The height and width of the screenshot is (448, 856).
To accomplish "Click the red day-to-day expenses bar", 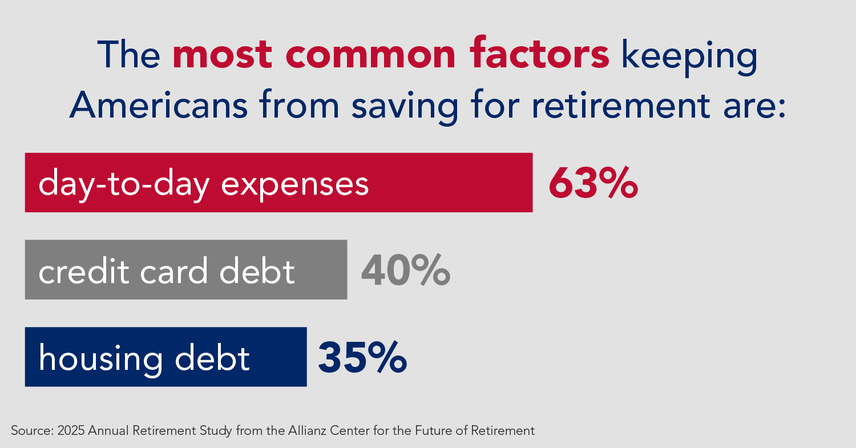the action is click(x=278, y=182).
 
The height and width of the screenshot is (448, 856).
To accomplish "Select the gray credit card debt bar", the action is click(x=186, y=269).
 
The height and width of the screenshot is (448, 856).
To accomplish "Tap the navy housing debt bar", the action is click(x=166, y=357).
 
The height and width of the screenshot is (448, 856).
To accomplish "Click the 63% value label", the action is click(x=593, y=183).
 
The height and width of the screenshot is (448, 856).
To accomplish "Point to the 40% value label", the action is click(x=405, y=271).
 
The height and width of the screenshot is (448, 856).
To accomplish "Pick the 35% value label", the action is click(x=362, y=357).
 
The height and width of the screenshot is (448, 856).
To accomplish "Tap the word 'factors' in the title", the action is click(x=540, y=53).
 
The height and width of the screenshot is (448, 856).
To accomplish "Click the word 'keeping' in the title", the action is click(x=689, y=56).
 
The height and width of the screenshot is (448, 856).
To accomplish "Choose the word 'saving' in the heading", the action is click(x=405, y=107).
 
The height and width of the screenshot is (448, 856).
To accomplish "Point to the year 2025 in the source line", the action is click(x=71, y=431).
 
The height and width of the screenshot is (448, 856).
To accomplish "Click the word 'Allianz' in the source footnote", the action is click(x=307, y=430).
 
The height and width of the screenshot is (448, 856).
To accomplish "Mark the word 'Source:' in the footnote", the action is click(x=33, y=431).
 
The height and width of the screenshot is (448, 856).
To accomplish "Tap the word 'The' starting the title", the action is click(x=129, y=55).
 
